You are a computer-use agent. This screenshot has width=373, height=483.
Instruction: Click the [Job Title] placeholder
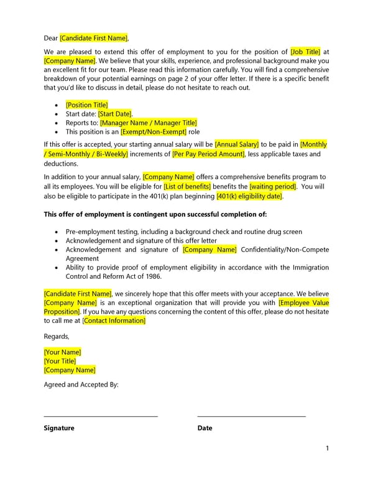(x=305, y=52)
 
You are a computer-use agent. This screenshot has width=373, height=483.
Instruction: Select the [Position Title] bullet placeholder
(x=86, y=105)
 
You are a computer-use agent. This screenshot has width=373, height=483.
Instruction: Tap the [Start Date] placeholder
(x=115, y=114)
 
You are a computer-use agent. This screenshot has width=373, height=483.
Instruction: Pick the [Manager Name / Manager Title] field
(x=148, y=123)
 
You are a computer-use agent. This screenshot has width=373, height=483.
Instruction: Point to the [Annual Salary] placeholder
(x=236, y=144)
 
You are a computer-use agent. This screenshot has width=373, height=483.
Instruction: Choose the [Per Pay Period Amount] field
(x=208, y=154)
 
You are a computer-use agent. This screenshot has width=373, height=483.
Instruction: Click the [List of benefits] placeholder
(x=187, y=186)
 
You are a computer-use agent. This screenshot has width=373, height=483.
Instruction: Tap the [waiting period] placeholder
(x=273, y=186)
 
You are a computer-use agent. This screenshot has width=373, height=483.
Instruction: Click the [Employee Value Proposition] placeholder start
(x=303, y=302)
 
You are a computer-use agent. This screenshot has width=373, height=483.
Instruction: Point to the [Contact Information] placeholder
(x=114, y=321)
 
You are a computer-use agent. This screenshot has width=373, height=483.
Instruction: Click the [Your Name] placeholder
(x=62, y=352)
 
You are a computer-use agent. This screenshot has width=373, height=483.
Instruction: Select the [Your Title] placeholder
(x=60, y=361)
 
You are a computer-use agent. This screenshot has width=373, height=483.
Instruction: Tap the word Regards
(x=56, y=336)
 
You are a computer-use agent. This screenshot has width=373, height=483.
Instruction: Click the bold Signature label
(x=59, y=428)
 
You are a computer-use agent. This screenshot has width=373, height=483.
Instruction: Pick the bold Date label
(x=205, y=428)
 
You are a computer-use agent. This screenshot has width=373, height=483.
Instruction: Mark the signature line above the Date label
(x=251, y=416)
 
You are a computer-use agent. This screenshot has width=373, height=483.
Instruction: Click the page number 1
(x=327, y=449)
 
